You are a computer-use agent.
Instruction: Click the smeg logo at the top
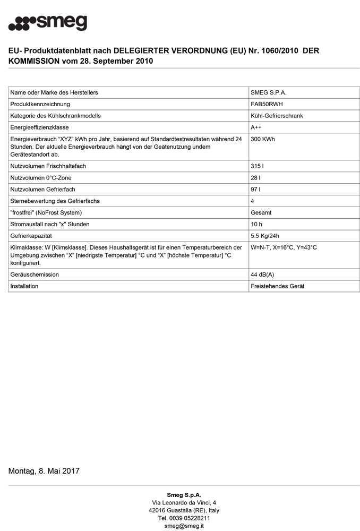[48, 23]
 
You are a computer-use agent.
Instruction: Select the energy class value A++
[256, 127]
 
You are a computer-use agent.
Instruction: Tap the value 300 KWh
[263, 139]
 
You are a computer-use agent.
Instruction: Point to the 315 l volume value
[257, 166]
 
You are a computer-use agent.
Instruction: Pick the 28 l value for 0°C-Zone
[255, 178]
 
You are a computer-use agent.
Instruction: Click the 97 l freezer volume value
[255, 190]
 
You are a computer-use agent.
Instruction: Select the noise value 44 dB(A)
[262, 275]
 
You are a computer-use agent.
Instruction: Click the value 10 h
[256, 224]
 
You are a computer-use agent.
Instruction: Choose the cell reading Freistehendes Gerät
[277, 286]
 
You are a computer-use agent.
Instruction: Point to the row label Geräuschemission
[35, 275]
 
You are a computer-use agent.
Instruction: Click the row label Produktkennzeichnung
[40, 104]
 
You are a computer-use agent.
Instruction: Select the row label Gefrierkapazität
[31, 236]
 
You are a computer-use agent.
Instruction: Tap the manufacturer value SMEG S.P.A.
[268, 92]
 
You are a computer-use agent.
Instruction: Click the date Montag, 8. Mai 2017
[44, 470]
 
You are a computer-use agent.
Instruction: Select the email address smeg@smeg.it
[184, 526]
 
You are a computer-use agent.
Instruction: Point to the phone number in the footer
[184, 518]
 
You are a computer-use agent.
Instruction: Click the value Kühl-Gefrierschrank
[277, 116]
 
